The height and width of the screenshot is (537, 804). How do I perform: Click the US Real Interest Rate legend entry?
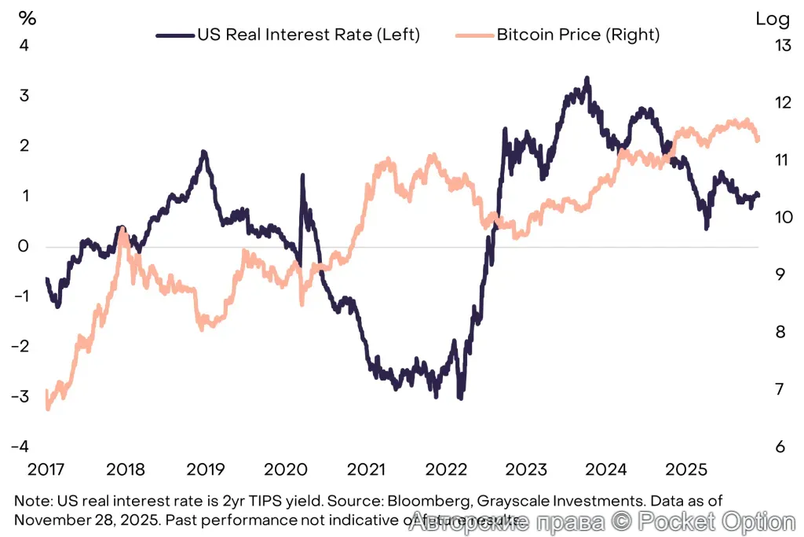click(289, 35)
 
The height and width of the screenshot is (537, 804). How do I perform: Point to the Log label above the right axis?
click(772, 19)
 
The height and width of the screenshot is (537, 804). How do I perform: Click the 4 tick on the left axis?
click(24, 46)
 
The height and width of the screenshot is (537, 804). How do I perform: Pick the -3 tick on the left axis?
click(20, 396)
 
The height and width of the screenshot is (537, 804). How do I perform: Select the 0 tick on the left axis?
click(24, 246)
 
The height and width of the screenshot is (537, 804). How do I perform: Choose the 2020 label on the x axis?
click(286, 470)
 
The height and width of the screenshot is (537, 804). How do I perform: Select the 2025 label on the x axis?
click(686, 470)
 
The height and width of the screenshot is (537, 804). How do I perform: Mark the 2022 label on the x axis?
click(446, 470)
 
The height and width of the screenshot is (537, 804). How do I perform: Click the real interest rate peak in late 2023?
click(587, 79)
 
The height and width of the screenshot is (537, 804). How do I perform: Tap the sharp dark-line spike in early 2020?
click(302, 177)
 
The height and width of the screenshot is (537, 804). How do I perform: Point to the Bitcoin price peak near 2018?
click(122, 230)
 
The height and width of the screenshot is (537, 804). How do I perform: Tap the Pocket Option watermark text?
click(714, 521)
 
